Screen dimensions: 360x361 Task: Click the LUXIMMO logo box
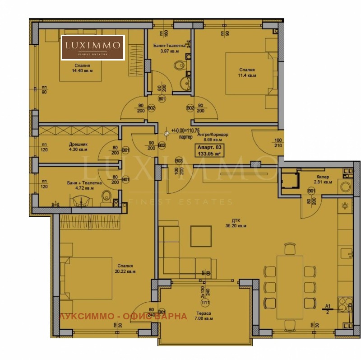click(x=93, y=47)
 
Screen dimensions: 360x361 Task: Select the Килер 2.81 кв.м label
click(x=323, y=179)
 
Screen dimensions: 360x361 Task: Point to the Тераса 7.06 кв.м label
click(x=204, y=316)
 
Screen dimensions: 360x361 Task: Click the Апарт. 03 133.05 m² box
click(x=209, y=150)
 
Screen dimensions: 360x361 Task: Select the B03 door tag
click(x=178, y=160)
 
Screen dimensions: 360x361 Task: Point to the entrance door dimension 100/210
click(x=277, y=143)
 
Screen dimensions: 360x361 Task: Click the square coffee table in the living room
click(x=201, y=235)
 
